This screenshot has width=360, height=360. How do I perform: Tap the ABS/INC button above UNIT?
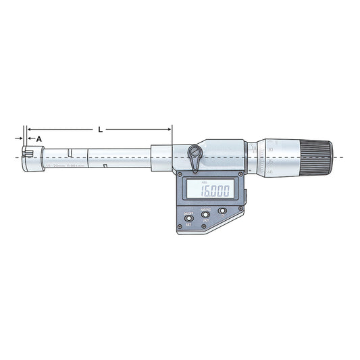205,214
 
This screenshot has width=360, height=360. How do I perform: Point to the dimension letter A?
38,138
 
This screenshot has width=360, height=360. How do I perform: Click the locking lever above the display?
195,156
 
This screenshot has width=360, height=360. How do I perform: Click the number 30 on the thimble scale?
270,149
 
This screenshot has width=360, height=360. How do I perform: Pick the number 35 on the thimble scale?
270,162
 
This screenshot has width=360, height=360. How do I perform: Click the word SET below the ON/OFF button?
188,225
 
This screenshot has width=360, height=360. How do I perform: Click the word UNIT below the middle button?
205,221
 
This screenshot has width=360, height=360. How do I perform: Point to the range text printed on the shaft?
66,165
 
